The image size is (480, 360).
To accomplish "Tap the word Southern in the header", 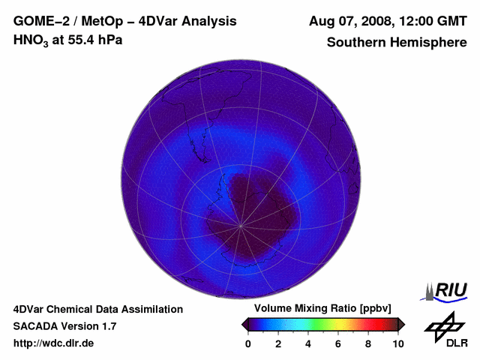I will [356, 42].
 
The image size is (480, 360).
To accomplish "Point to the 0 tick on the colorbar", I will [248, 343].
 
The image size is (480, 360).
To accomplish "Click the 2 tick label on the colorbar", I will [278, 343].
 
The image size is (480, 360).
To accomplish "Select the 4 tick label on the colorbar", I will [308, 343].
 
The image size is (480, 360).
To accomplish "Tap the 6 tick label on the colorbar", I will [338, 343].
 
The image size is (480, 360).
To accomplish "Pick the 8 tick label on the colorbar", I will [368, 343].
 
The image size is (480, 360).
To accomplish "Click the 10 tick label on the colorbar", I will [397, 343].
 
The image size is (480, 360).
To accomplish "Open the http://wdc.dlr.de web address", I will [54, 343].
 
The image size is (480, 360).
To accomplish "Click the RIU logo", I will [448, 291].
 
